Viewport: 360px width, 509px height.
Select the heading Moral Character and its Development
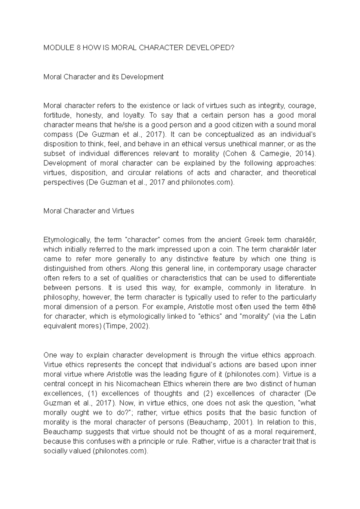(103, 77)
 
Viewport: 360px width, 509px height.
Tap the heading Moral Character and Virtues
(88, 211)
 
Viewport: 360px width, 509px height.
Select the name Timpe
(118, 326)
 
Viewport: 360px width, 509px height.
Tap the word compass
(58, 134)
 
